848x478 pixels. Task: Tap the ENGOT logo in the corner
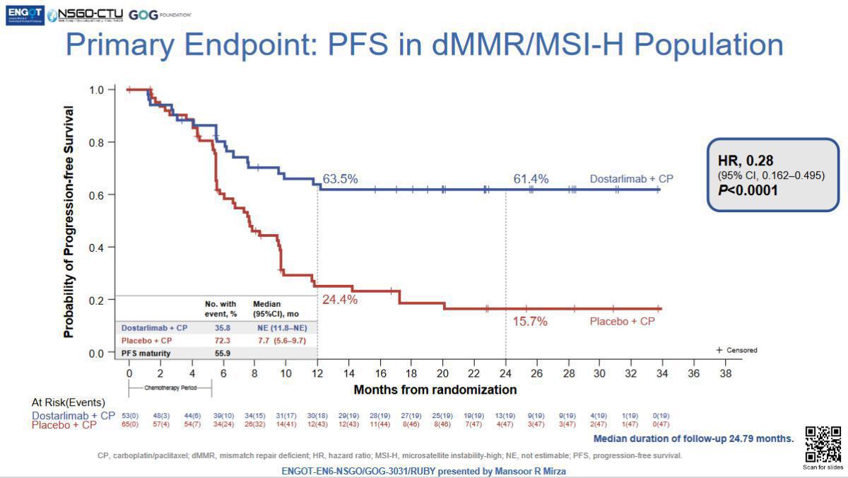coord(23,13)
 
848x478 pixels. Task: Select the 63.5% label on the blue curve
coord(340,179)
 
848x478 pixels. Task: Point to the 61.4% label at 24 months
coord(531,180)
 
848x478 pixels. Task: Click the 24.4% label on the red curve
coord(340,299)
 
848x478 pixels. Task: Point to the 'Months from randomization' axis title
coord(435,390)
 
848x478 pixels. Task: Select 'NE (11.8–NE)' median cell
coord(283,328)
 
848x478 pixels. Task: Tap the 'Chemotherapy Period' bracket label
coord(169,388)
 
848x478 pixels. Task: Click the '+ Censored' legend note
coord(736,350)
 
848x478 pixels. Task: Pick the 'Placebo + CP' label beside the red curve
coord(623,321)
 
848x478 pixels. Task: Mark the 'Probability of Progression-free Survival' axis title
coord(69,221)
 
